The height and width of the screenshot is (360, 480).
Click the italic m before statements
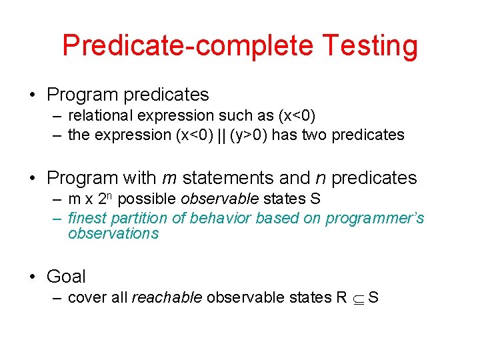pyautogui.click(x=169, y=178)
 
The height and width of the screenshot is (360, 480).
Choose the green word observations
pyautogui.click(x=113, y=233)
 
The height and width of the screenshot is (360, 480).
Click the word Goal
pyautogui.click(x=66, y=276)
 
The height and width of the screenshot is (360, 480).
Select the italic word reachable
pyautogui.click(x=167, y=297)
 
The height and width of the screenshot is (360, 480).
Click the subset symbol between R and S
pyautogui.click(x=357, y=298)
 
